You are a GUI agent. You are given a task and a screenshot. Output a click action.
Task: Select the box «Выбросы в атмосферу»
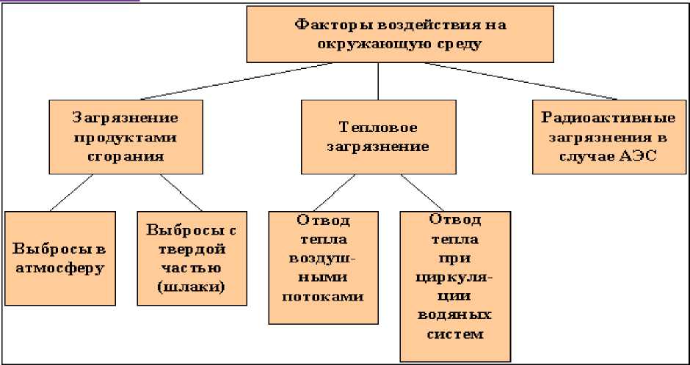(59, 257)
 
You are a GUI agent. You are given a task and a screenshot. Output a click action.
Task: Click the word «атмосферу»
(59, 267)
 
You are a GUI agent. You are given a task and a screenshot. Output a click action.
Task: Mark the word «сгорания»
(126, 155)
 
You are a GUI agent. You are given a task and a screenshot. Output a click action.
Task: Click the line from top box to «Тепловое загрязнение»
(377, 81)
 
